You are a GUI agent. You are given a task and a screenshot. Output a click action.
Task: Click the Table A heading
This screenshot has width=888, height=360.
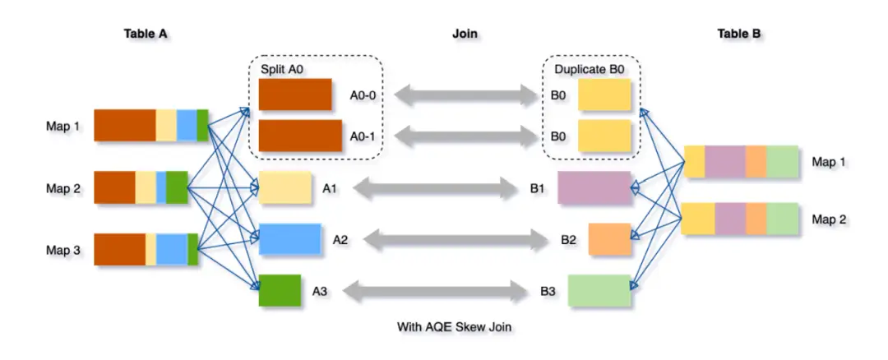tap(146, 34)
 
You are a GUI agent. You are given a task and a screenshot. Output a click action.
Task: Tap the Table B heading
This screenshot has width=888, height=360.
tap(738, 34)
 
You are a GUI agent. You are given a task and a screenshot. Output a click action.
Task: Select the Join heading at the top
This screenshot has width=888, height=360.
tap(465, 34)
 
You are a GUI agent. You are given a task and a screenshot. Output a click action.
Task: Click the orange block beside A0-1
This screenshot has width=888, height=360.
tap(300, 136)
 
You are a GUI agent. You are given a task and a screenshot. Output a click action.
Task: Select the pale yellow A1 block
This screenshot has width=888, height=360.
tap(284, 188)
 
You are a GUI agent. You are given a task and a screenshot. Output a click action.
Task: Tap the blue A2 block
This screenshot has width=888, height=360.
tap(289, 239)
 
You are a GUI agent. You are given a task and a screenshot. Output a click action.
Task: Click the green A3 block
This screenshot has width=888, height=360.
tap(280, 290)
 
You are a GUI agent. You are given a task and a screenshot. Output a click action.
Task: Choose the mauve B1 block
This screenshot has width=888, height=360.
tap(594, 187)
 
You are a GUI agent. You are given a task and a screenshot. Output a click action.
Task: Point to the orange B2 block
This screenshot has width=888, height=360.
tap(608, 238)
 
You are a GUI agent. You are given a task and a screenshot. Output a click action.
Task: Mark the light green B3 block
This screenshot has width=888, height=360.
tap(599, 290)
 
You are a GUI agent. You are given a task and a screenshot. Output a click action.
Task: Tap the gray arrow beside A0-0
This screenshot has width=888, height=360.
tap(465, 95)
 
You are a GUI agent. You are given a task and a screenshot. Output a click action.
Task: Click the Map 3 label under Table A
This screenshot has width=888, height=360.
tap(62, 250)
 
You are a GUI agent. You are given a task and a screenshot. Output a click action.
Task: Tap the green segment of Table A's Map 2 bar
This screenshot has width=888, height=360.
tap(177, 187)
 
